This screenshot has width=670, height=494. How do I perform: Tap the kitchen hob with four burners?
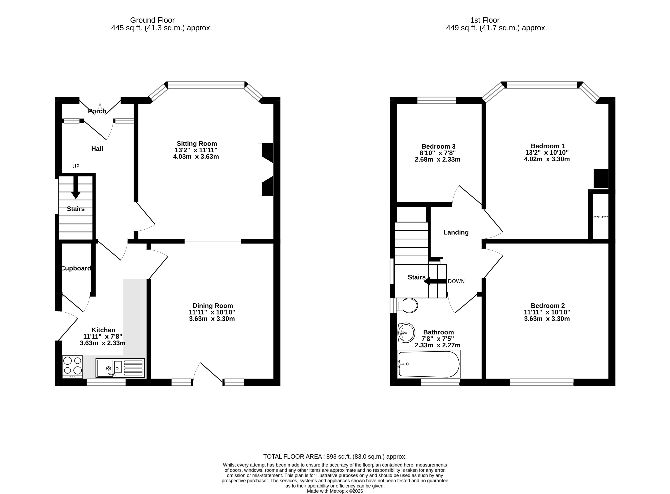[x=72, y=367]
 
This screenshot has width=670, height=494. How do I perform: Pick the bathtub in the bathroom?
[x=428, y=364]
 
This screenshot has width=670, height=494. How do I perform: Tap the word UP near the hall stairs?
[x=76, y=166]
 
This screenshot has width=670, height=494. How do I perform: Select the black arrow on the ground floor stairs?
[x=76, y=188]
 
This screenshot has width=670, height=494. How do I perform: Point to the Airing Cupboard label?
[x=601, y=216]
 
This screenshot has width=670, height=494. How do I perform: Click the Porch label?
[x=97, y=111]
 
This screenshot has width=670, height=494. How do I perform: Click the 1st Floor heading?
[x=484, y=20]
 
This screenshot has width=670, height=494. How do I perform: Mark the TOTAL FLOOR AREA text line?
[x=335, y=457]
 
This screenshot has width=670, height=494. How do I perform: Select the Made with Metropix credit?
[x=335, y=491]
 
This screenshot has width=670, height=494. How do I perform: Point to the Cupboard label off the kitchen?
[x=76, y=268]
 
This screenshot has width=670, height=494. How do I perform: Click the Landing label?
[x=456, y=232]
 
